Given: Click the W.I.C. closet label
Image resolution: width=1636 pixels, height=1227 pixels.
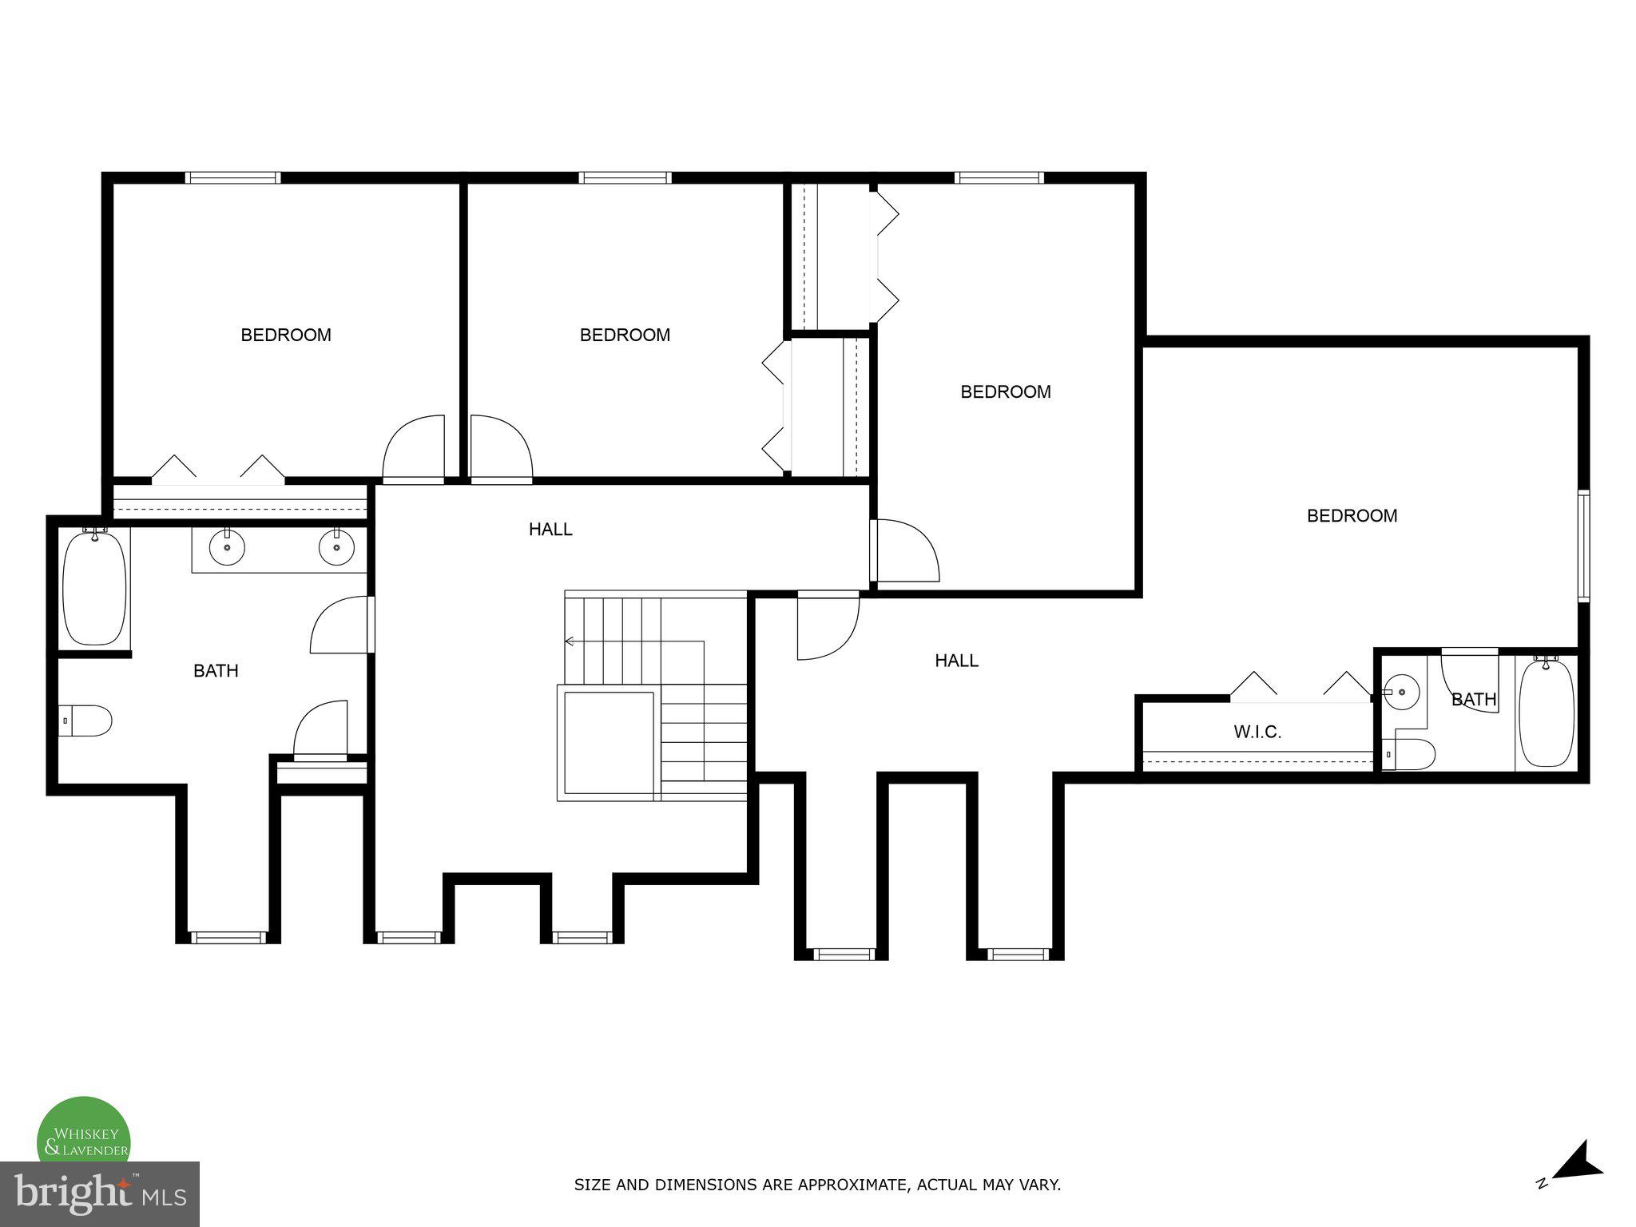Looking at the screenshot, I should (1257, 732).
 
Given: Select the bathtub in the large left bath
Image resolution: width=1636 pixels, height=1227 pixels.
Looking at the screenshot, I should (94, 587).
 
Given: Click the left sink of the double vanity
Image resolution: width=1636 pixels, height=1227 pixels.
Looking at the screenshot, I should (227, 547).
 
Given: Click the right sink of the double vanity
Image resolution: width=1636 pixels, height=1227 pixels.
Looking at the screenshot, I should (336, 547).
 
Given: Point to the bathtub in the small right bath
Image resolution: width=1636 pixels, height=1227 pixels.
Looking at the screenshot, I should (1547, 713).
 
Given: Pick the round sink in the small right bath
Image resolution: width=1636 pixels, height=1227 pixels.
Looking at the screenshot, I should (1401, 692).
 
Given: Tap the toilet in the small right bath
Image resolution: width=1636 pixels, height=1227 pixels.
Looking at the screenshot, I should (1411, 753).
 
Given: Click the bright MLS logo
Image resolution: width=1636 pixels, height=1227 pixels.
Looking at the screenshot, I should (99, 1193).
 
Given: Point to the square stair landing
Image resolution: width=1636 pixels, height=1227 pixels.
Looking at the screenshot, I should (609, 743).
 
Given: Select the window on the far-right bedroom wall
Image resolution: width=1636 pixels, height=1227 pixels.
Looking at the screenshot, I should (1584, 546).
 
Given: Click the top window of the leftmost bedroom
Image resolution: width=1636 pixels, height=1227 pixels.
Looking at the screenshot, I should (232, 177).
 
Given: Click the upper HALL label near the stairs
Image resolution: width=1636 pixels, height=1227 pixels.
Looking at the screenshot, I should (550, 529).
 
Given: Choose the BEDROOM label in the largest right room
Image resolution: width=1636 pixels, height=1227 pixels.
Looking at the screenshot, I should (1352, 516).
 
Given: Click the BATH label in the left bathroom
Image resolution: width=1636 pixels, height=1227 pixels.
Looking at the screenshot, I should (216, 671).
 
